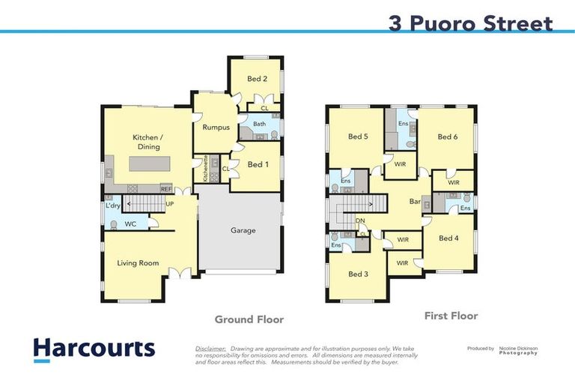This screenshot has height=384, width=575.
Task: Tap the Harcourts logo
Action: (x=94, y=349)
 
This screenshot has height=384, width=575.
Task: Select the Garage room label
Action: (x=242, y=230)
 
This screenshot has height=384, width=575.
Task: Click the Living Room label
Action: (x=139, y=263)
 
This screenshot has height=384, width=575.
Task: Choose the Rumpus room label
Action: (x=216, y=127)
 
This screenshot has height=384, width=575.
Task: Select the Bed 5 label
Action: (x=358, y=136)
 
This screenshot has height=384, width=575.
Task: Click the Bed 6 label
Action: (x=447, y=136)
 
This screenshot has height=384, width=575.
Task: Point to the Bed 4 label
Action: (x=448, y=238)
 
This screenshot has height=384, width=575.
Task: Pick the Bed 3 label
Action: (x=358, y=274)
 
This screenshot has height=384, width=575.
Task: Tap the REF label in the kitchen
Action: (x=165, y=189)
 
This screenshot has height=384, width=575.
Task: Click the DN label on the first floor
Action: (x=359, y=220)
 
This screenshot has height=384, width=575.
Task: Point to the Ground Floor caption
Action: (x=249, y=319)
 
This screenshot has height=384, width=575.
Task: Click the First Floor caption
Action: (x=451, y=316)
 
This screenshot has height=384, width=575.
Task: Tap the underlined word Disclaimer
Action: (x=210, y=349)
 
